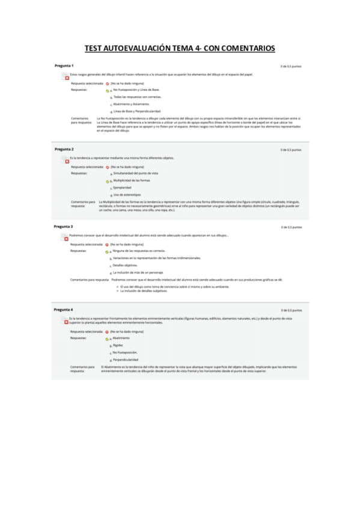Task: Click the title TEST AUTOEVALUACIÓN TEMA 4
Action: tap(180, 48)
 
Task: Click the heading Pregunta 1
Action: tap(64, 65)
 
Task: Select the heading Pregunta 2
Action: tap(64, 149)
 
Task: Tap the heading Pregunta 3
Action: tap(64, 226)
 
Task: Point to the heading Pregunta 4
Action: tap(64, 309)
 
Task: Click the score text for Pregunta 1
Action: tap(291, 66)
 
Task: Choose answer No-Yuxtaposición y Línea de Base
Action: tap(136, 90)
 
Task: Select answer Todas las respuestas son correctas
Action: tap(137, 97)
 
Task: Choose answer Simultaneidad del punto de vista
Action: tap(135, 173)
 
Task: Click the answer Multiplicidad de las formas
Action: tap(132, 180)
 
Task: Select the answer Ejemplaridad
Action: tap(123, 188)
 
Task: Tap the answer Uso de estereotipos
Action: tap(127, 195)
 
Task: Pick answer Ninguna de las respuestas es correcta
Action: tap(139, 251)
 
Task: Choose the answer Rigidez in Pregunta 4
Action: tap(118, 345)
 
